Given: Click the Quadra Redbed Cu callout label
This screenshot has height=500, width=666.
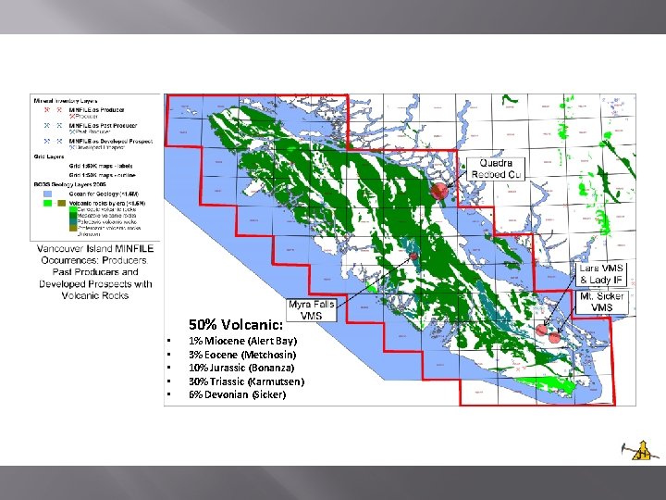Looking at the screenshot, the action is point(497,168).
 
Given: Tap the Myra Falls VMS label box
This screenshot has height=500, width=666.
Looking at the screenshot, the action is point(312,309).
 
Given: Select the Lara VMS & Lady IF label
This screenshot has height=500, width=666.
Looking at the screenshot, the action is point(602,274).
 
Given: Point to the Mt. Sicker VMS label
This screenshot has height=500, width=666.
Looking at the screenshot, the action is point(602,302).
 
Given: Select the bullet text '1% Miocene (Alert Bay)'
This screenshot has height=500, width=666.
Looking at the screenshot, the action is point(242,341).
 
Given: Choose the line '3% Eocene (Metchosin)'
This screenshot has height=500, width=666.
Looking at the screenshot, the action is point(242,355).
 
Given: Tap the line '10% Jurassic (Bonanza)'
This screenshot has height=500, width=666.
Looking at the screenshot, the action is point(243,368).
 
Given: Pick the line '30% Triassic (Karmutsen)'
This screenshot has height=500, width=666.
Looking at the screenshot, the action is point(246,381).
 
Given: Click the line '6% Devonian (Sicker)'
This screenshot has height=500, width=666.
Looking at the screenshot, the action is point(237,394).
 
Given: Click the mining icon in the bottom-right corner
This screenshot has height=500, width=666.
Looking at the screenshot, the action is point(635,448).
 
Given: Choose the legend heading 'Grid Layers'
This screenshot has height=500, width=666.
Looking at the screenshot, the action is point(48,157).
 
